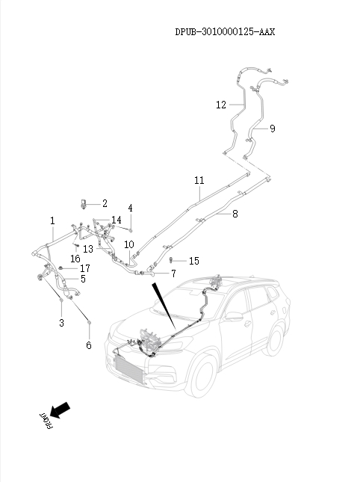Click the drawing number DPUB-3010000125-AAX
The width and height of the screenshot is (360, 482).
pos(225,31)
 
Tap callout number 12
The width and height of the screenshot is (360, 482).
pos(221,105)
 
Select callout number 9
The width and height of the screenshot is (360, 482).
pos(272,129)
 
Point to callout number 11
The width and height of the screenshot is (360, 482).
pos(199,180)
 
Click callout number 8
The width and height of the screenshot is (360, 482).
pos(235,214)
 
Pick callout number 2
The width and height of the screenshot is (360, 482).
pos(105,203)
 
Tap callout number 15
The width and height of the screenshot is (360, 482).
pos(194,261)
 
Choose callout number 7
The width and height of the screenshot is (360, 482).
pos(173,274)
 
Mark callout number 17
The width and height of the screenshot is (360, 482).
pos(85,268)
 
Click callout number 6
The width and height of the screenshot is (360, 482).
pos(89,345)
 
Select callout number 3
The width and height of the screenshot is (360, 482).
pos(61,323)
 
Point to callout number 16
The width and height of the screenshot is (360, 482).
pos(75,259)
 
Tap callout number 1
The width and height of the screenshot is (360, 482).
pos(52,220)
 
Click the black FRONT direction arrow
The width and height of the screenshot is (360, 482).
pos(60,410)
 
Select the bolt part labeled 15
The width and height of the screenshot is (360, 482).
pos(171,260)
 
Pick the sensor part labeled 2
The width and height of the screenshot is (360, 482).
pos(83,204)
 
